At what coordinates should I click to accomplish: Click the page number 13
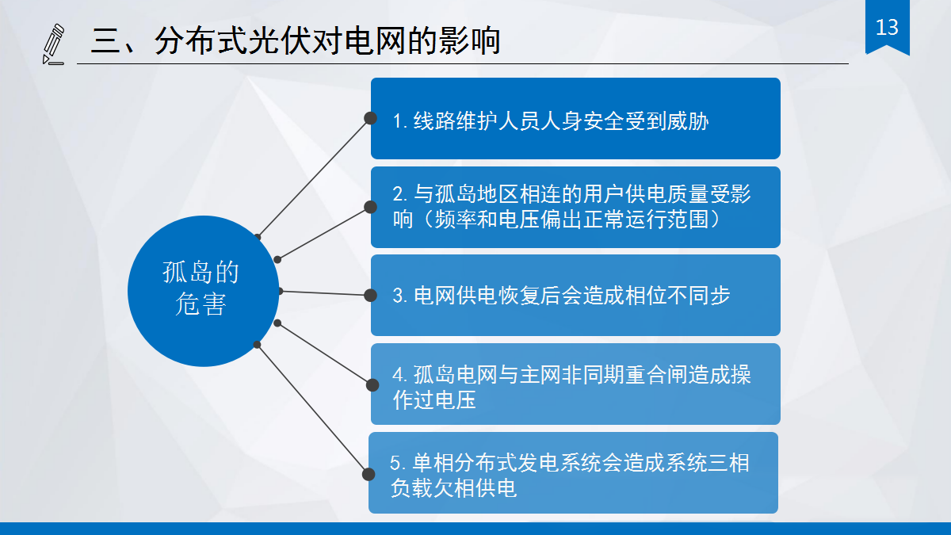[887, 28]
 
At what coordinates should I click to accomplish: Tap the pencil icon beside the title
[53, 44]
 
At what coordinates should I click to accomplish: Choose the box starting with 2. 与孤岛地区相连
[575, 207]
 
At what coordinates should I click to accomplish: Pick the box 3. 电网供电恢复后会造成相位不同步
[575, 296]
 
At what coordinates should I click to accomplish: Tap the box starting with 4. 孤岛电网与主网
[575, 384]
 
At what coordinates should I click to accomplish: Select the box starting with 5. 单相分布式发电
[573, 473]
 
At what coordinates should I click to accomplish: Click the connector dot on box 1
[370, 118]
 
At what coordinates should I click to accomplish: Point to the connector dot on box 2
[370, 207]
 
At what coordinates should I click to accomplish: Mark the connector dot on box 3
[370, 296]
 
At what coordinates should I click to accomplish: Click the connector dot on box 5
[369, 474]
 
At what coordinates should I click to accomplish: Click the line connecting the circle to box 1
[314, 177]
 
